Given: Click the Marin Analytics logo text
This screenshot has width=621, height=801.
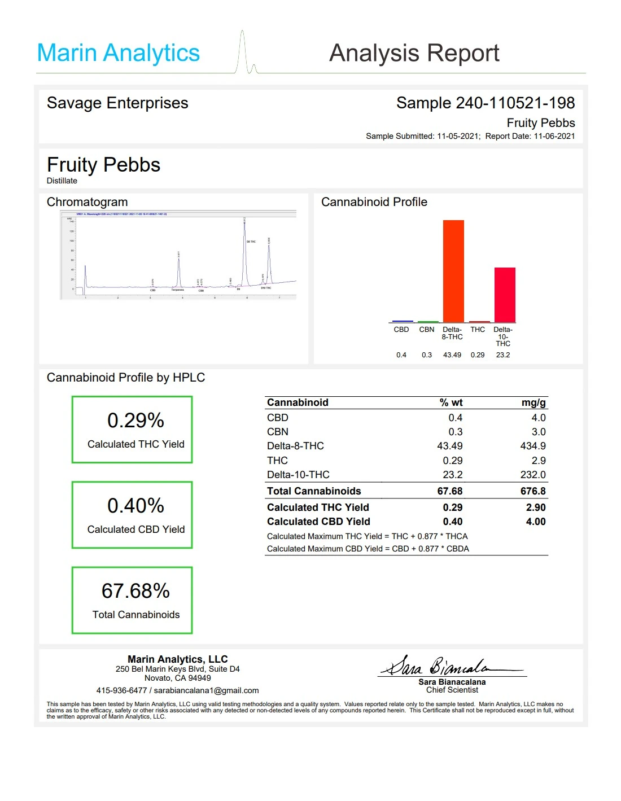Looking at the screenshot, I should [x=118, y=53].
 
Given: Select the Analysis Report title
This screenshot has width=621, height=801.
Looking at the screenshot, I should [x=414, y=53].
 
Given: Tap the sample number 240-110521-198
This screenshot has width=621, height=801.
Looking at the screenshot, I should [x=515, y=103].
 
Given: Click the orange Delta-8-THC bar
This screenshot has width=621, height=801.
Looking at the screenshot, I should [x=453, y=271].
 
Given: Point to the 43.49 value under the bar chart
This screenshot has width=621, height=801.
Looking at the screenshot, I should [x=452, y=355].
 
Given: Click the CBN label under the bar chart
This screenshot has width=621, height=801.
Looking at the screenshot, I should [x=427, y=330].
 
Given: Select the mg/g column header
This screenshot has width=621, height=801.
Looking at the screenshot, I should [x=533, y=402].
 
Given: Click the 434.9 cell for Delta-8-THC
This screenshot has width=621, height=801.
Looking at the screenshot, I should [x=532, y=446].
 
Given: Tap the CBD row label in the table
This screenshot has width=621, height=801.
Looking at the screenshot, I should [x=278, y=418].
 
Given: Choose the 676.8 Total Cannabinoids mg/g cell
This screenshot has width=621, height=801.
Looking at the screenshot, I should [x=532, y=491].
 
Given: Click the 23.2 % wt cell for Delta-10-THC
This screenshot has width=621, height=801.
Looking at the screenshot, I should [x=452, y=475].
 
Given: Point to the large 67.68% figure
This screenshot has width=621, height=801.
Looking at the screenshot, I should [x=135, y=591].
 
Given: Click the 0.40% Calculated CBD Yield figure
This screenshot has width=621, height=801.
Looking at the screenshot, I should [x=135, y=506].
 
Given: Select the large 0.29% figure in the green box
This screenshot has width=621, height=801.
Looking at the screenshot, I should [x=135, y=421].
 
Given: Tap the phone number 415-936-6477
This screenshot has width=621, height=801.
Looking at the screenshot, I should [x=121, y=690].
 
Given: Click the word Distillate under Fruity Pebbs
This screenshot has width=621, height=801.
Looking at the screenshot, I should [x=62, y=181].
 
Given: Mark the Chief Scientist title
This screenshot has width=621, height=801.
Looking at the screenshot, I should [x=452, y=690].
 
